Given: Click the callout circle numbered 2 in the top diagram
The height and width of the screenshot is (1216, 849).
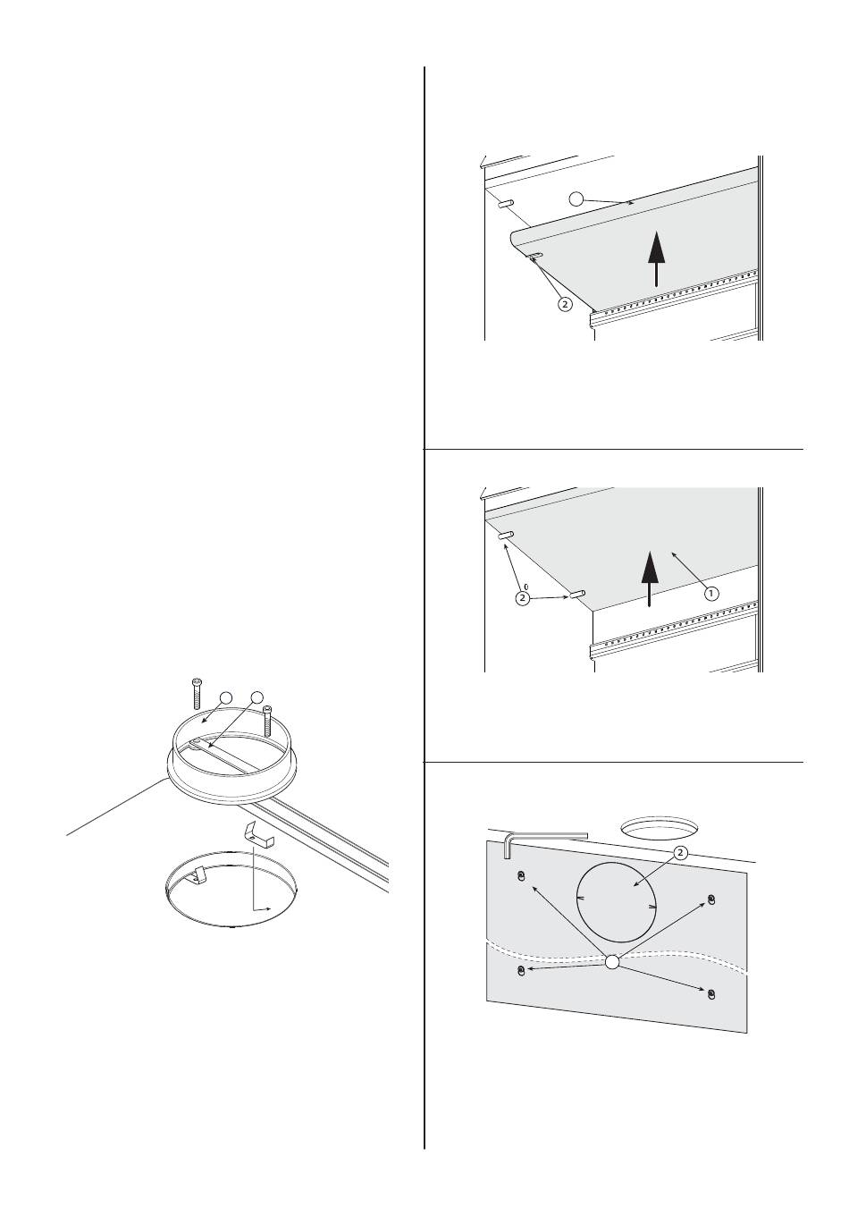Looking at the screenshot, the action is pyautogui.click(x=565, y=304).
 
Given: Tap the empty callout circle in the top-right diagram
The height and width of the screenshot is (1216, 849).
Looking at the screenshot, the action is pyautogui.click(x=576, y=198).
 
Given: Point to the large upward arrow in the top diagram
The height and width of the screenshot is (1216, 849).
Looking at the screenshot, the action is pyautogui.click(x=657, y=258).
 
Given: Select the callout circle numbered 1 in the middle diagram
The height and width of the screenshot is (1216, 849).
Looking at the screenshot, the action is pyautogui.click(x=711, y=594).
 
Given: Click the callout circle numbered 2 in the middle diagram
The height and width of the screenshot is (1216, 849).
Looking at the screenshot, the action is pyautogui.click(x=522, y=597).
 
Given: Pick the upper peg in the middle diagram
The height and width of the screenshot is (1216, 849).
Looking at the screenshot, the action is pyautogui.click(x=506, y=536).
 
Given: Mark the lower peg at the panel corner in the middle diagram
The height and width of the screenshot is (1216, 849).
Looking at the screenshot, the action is pyautogui.click(x=576, y=594).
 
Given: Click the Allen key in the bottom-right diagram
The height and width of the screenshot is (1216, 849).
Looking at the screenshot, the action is pyautogui.click(x=543, y=838).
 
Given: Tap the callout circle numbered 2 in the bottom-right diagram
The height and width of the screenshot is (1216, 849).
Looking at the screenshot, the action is pyautogui.click(x=680, y=853).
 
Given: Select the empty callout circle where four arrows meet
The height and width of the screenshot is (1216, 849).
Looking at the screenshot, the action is pyautogui.click(x=612, y=962).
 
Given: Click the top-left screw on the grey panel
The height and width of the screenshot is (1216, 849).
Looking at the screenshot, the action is pyautogui.click(x=521, y=875).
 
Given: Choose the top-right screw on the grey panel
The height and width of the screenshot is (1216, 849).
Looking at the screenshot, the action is pyautogui.click(x=711, y=899).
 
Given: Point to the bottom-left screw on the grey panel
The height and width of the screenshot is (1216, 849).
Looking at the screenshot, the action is pyautogui.click(x=521, y=970).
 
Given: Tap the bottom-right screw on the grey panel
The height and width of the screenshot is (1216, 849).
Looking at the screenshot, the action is pyautogui.click(x=711, y=994).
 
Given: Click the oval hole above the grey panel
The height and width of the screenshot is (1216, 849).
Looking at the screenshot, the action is pyautogui.click(x=660, y=827).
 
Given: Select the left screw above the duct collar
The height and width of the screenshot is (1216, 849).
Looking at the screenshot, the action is pyautogui.click(x=197, y=693).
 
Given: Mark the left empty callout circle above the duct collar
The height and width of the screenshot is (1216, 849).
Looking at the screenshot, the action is pyautogui.click(x=226, y=698).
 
